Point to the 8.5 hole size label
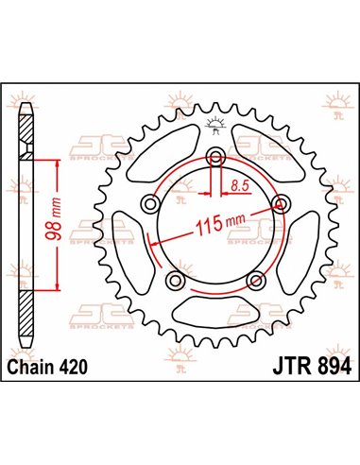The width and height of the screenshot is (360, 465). tap(244, 186)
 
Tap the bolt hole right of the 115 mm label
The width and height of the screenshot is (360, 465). tap(279, 202)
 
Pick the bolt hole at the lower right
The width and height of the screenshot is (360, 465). tap(254, 280)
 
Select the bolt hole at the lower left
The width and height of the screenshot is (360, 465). tap(174, 280)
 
